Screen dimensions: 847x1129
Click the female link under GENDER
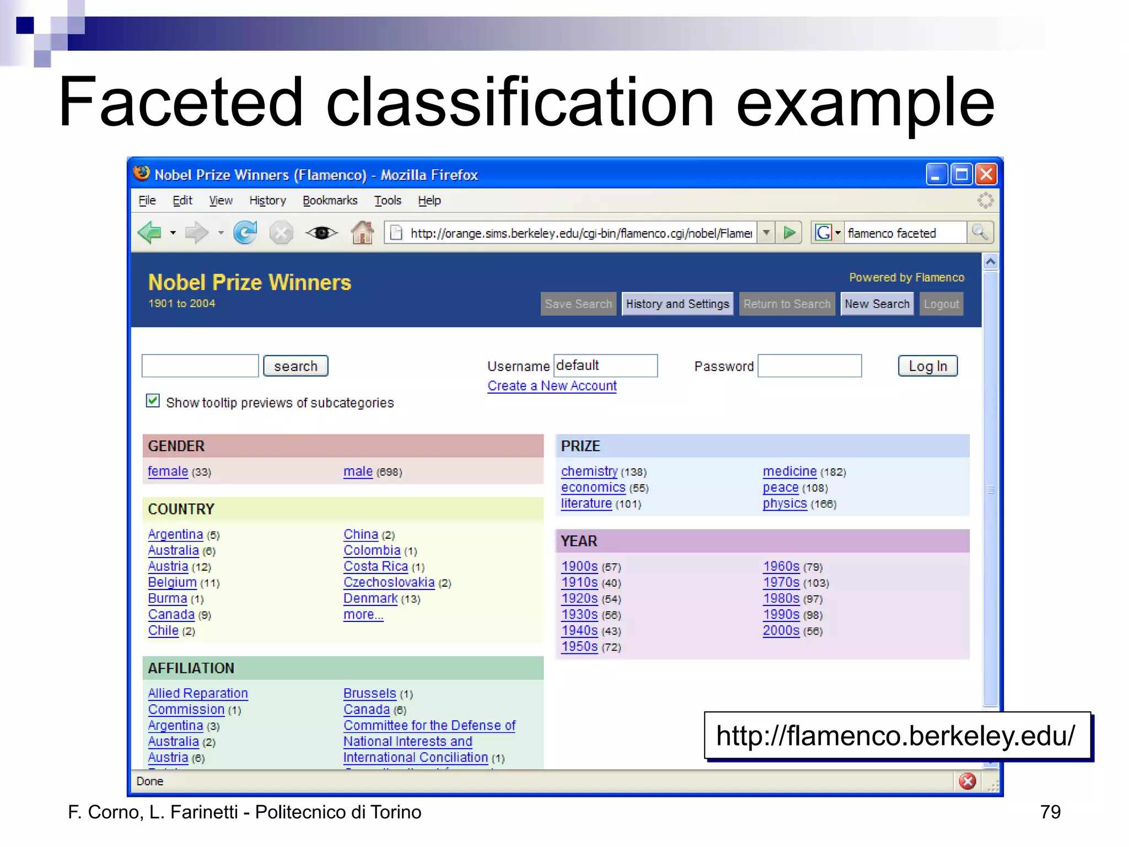168,472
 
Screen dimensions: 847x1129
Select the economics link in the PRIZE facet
593,488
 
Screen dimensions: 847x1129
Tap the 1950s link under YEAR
579,647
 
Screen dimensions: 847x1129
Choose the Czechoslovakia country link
389,583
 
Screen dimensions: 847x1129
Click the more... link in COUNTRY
363,615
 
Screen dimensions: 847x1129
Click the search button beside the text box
295,366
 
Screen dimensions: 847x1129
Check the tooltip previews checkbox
153,401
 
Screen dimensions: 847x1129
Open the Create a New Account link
552,386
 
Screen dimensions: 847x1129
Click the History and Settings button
677,304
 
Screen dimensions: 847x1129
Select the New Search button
877,304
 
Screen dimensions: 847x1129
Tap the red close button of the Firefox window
986,175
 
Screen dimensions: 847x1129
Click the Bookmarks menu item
330,201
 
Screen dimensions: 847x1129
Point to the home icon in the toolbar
362,233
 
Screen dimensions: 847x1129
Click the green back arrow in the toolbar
149,233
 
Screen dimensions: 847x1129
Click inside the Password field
809,366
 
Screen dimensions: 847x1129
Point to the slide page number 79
1050,812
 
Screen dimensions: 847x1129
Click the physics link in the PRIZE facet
784,504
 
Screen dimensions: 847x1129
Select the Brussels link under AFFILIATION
369,694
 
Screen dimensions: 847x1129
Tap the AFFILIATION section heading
191,668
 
